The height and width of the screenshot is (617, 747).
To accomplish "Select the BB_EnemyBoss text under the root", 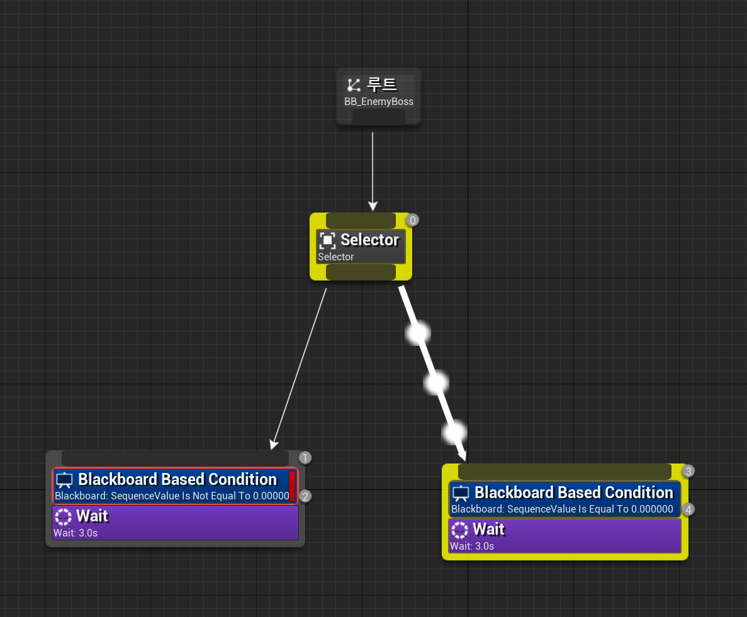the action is [x=378, y=102].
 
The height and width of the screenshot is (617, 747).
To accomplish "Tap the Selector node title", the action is [x=369, y=240].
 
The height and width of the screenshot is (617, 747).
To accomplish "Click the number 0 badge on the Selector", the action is [x=412, y=220].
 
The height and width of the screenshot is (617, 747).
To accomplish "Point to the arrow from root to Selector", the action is [x=373, y=170].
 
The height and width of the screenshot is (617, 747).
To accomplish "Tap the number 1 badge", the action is [x=305, y=458].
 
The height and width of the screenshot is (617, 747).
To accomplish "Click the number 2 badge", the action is [x=305, y=496].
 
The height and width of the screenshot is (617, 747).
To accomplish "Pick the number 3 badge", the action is [x=688, y=471].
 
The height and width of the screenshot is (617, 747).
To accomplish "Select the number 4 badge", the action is [x=689, y=509].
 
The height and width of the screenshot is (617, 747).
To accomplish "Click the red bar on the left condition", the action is [x=292, y=486].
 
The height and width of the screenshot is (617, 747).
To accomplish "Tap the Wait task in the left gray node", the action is [x=175, y=523].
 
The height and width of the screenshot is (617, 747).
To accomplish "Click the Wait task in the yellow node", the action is [x=564, y=536].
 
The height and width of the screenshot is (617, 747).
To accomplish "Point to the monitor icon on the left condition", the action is [x=65, y=481].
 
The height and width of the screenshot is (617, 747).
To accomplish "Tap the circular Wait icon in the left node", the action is [x=63, y=517].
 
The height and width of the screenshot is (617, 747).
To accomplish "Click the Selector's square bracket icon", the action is [x=327, y=240].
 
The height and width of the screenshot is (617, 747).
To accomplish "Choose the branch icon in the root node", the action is [x=354, y=85].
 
